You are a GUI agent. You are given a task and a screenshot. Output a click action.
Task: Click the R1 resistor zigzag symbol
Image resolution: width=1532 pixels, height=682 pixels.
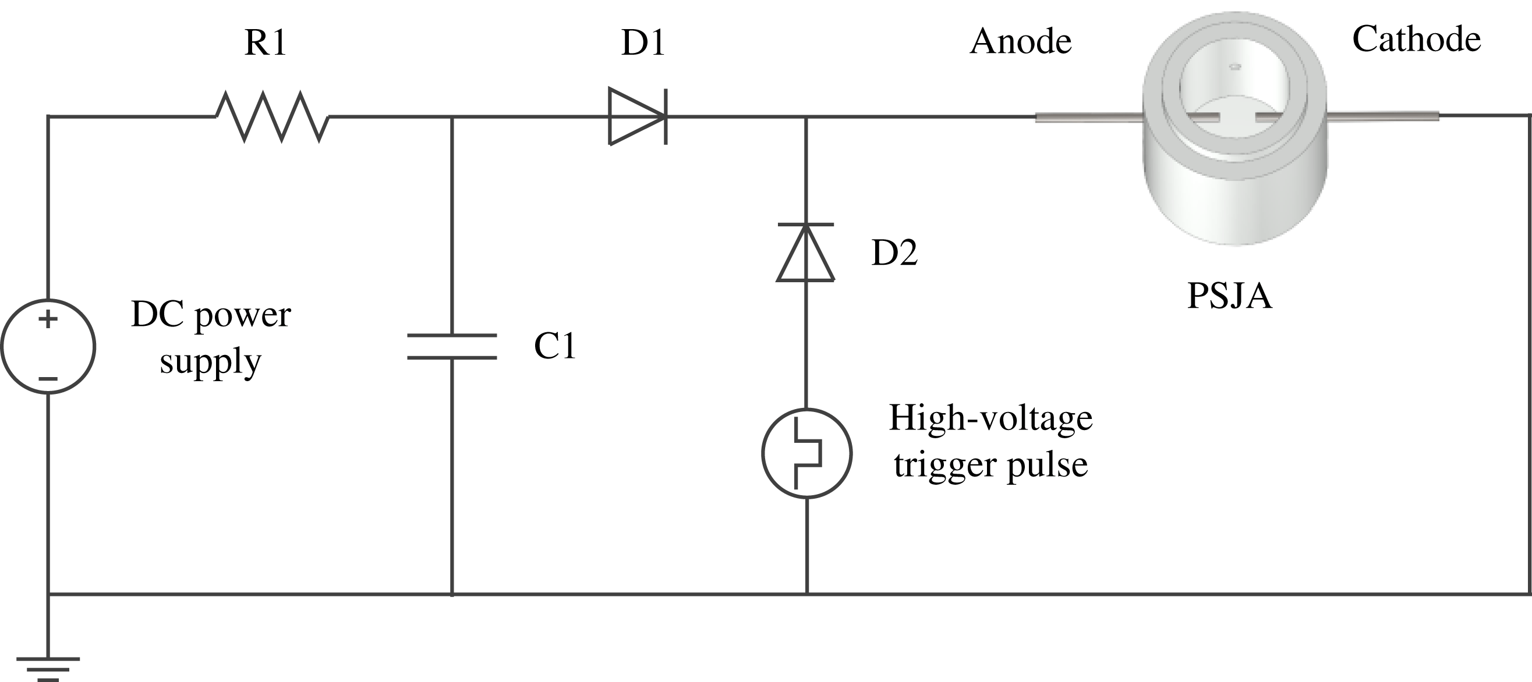pyautogui.click(x=272, y=116)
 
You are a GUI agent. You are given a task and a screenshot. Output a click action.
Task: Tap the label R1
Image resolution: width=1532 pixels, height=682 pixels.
pyautogui.click(x=266, y=44)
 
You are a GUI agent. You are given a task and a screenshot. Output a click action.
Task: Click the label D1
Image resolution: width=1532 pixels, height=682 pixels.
pyautogui.click(x=642, y=44)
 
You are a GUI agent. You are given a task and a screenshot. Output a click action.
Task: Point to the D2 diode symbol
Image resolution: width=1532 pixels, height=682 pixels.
pyautogui.click(x=806, y=253)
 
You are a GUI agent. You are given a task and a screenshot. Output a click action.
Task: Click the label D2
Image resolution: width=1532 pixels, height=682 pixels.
pyautogui.click(x=894, y=253)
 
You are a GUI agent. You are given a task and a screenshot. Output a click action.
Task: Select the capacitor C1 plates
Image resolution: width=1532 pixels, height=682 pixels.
pyautogui.click(x=452, y=347)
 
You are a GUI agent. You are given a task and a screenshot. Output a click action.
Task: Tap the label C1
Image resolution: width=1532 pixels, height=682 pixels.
pyautogui.click(x=555, y=346)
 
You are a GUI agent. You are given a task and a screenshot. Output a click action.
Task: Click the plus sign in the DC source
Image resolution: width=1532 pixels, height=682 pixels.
pyautogui.click(x=48, y=319)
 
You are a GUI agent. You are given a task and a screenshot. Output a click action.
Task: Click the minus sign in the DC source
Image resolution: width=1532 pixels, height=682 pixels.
pyautogui.click(x=48, y=379)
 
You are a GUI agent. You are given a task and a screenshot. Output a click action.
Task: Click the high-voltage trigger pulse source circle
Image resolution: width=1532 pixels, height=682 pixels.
pyautogui.click(x=807, y=453)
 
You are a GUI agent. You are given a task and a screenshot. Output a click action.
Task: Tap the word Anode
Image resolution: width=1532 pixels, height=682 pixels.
pyautogui.click(x=1021, y=42)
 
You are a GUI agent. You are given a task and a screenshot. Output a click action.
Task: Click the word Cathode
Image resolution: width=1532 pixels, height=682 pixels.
pyautogui.click(x=1416, y=40)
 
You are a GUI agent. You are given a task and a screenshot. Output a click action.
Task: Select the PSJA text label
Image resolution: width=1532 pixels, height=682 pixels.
pyautogui.click(x=1229, y=296)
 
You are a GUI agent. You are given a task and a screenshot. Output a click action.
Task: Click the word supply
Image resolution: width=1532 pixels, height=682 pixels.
pyautogui.click(x=211, y=361)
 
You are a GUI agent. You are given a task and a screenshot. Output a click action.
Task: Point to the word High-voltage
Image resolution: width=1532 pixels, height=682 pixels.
pyautogui.click(x=990, y=418)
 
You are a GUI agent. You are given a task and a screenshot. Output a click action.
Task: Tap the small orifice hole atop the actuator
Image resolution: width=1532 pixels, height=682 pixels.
pyautogui.click(x=1234, y=66)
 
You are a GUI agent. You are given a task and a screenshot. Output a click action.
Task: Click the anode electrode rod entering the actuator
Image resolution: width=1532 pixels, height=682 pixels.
pyautogui.click(x=1088, y=118)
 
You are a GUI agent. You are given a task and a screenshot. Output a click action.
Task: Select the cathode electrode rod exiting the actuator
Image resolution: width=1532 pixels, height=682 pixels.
pyautogui.click(x=1383, y=116)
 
